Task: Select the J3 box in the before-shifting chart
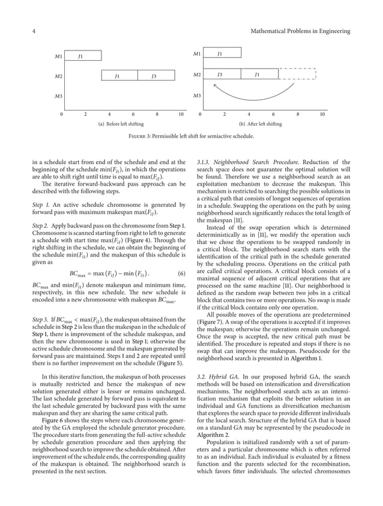(154, 76)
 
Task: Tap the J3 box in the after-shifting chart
(220, 75)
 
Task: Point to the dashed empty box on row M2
(297, 75)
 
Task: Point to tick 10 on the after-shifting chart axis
(322, 114)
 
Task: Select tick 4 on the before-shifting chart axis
(109, 114)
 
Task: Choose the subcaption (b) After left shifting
(260, 124)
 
